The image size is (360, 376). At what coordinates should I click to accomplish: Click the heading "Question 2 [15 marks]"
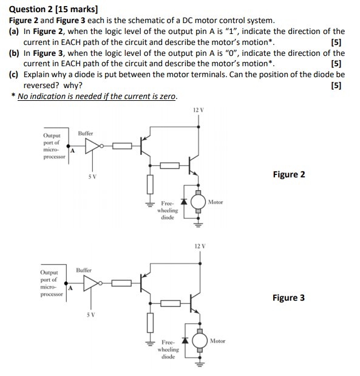[54, 9]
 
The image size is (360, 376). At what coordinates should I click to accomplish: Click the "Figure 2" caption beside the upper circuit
[289, 174]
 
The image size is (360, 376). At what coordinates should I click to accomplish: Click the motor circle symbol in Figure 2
[198, 202]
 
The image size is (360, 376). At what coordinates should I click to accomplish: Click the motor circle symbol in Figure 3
[200, 341]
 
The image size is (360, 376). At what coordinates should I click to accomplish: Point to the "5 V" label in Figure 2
[92, 176]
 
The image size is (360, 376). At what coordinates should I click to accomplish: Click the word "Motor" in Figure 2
[215, 202]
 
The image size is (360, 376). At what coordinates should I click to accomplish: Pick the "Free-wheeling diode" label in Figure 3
[168, 349]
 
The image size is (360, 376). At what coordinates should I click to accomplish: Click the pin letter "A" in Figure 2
[72, 150]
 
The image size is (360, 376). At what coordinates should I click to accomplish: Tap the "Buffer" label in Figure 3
[84, 269]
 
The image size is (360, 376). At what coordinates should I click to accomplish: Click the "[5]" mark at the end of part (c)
[336, 85]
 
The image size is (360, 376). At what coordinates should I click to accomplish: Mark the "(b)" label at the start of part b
[14, 53]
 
